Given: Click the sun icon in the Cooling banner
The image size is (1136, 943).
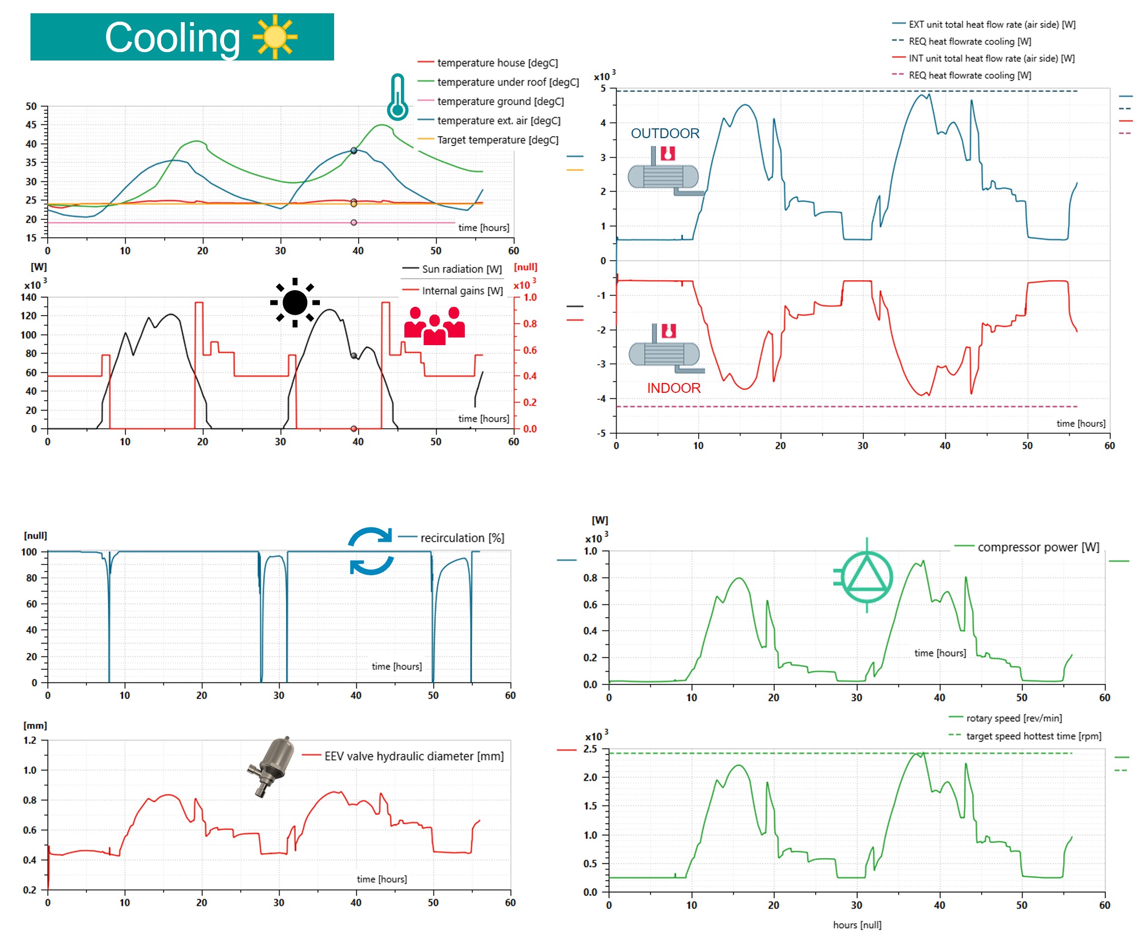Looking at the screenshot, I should (x=275, y=37).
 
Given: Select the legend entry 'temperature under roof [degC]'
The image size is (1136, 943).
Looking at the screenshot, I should (x=508, y=82).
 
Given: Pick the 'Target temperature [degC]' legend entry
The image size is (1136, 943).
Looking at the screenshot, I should (x=497, y=140).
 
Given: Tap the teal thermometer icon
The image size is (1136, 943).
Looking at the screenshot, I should (x=398, y=97).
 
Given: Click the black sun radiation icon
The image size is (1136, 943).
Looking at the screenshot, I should (x=295, y=302).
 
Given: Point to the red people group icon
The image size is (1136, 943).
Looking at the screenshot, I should (x=434, y=326).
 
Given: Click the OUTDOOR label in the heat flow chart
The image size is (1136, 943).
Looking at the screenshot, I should (x=665, y=134).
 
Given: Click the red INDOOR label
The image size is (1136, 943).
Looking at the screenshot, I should (x=674, y=388).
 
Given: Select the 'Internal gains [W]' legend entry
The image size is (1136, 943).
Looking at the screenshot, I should (x=462, y=291).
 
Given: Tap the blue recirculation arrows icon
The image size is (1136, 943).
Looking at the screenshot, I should (x=370, y=551).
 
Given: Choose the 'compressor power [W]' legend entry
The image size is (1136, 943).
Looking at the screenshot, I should (x=1038, y=547).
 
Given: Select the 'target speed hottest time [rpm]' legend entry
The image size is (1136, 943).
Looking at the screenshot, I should (x=1033, y=736).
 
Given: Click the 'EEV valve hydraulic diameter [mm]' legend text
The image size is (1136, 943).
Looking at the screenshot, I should (x=413, y=756).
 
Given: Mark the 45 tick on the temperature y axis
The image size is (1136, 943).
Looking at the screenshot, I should (x=31, y=125).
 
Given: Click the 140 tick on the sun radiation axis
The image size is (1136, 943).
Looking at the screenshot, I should (x=28, y=297).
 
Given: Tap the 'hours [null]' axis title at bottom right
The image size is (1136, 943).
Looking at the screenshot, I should (x=857, y=925).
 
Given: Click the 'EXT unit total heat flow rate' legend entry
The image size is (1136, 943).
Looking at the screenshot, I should (x=992, y=25).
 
